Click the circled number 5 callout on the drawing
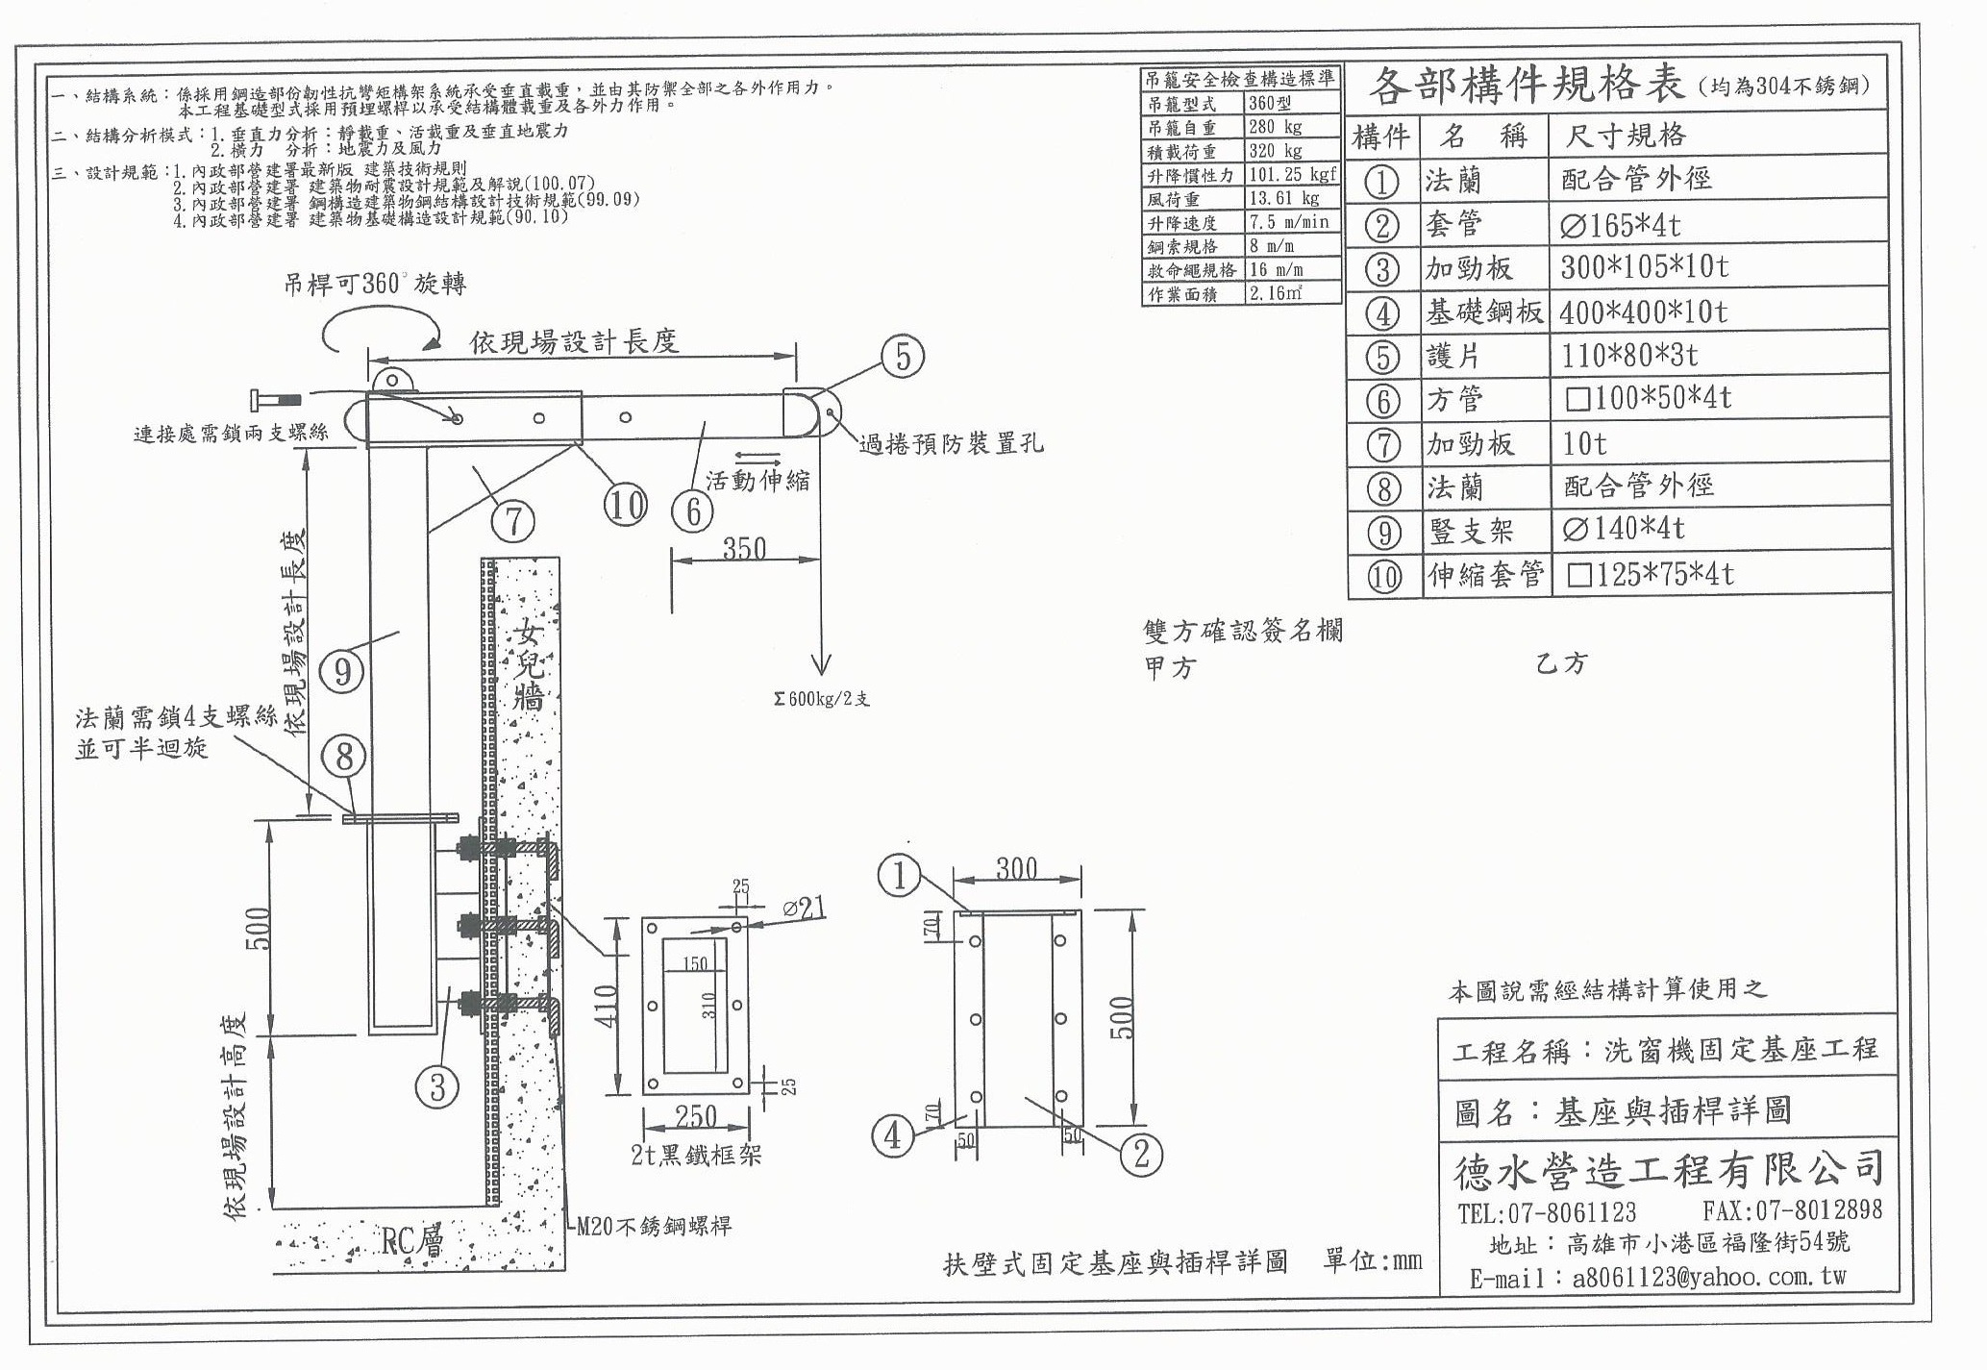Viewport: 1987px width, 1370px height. coord(902,357)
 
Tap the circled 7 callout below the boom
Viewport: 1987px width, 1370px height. coord(513,521)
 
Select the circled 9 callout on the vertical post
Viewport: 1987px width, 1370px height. coord(342,670)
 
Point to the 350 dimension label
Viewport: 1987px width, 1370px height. coord(744,549)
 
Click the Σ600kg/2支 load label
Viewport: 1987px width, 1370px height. coord(822,699)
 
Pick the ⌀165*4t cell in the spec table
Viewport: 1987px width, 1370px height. coord(1621,225)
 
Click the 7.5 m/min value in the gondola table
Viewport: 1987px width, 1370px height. coord(1288,223)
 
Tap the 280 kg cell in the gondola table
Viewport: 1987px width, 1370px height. coord(1276,127)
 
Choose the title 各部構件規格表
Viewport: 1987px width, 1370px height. coord(1527,87)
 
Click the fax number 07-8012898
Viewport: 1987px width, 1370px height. coord(1792,1210)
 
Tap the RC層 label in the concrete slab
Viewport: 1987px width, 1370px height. coord(412,1241)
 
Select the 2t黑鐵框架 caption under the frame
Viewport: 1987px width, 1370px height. coord(696,1154)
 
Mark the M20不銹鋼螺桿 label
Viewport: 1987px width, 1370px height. coord(654,1226)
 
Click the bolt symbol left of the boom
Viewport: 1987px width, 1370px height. coord(275,398)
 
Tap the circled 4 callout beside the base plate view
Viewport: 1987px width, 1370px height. coord(892,1135)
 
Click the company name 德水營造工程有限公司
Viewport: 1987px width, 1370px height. coord(1668,1170)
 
